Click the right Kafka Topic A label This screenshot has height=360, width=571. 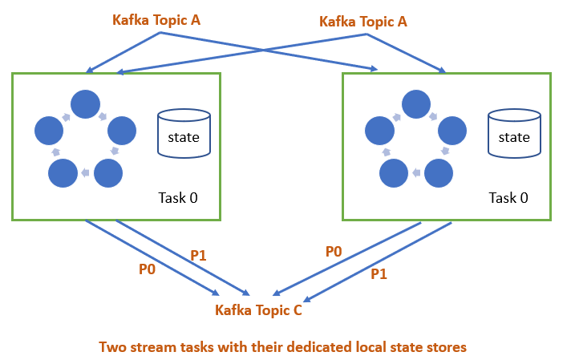tap(363, 22)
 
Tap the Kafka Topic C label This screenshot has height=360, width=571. tap(258, 310)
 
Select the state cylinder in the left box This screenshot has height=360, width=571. tap(184, 133)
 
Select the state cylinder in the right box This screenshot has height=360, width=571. tap(514, 133)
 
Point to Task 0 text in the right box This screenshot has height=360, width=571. tap(508, 197)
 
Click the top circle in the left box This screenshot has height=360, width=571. tap(85, 103)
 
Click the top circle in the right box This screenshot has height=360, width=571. tap(415, 103)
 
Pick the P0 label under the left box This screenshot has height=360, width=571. tap(147, 269)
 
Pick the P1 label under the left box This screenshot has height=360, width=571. tap(198, 256)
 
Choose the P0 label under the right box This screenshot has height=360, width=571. tap(334, 252)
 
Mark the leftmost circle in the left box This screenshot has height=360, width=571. tap(49, 129)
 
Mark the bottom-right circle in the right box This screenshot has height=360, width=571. tap(438, 173)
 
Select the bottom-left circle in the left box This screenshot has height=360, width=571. tap(62, 173)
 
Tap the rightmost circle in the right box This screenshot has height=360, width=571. tap(452, 129)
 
